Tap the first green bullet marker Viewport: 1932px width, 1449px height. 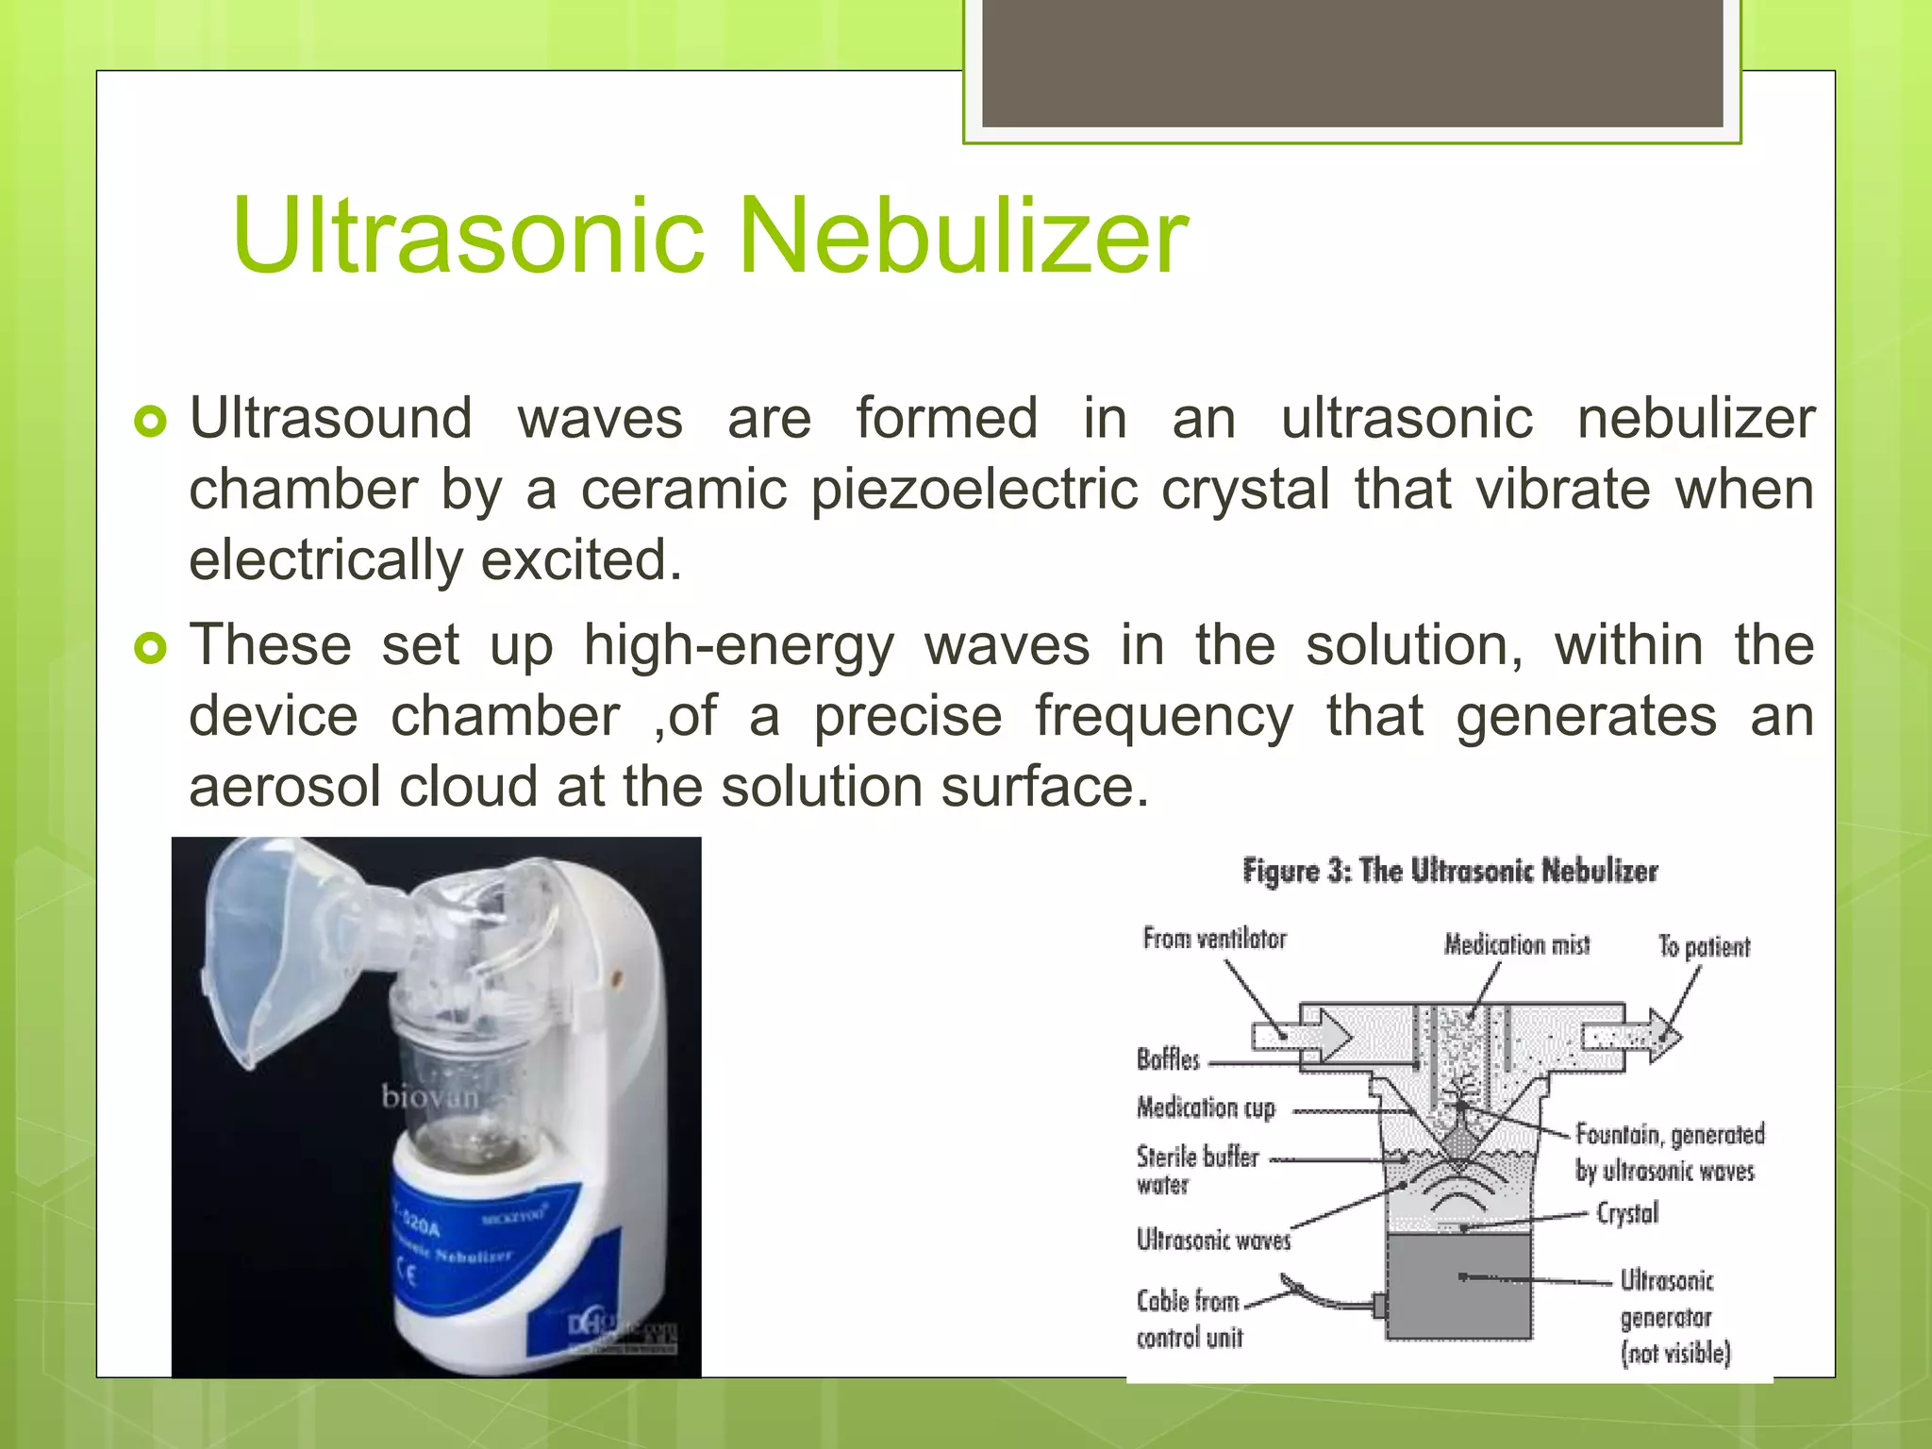coord(150,422)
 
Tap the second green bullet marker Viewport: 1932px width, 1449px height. coord(150,648)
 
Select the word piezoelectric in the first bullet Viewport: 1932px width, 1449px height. coord(974,491)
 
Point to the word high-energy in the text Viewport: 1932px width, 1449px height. coord(738,647)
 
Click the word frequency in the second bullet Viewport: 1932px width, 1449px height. coord(1163,717)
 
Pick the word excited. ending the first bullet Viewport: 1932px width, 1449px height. coord(581,560)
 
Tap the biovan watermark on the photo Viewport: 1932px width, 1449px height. coord(429,1097)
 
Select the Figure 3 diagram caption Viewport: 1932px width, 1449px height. coord(1450,870)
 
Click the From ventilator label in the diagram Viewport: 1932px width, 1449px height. coord(1214,939)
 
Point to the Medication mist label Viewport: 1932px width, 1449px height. coord(1516,944)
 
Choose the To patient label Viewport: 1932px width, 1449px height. coord(1704,946)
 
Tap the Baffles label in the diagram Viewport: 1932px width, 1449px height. coord(1168,1059)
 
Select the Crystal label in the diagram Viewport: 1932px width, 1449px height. coord(1627,1213)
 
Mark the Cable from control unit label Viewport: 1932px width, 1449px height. coord(1190,1319)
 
